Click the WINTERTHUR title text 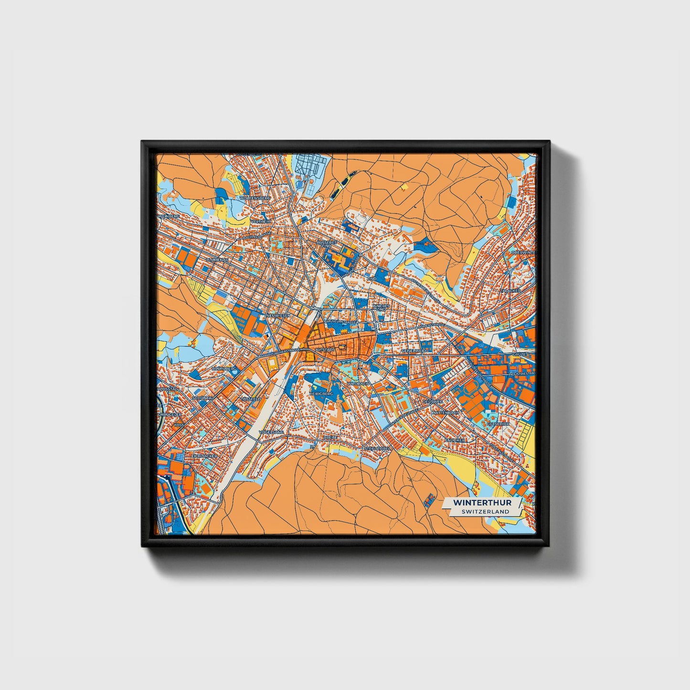click(482, 502)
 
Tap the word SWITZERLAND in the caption click(485, 511)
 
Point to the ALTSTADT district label click(325, 350)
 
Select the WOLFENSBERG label click(256, 197)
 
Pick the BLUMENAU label click(218, 259)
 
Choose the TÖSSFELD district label click(251, 398)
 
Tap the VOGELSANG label click(271, 432)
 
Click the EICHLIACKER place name click(204, 456)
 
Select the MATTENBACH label click(445, 412)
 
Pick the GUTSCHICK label click(498, 424)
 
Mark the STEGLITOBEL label click(377, 448)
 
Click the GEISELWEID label click(413, 350)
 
